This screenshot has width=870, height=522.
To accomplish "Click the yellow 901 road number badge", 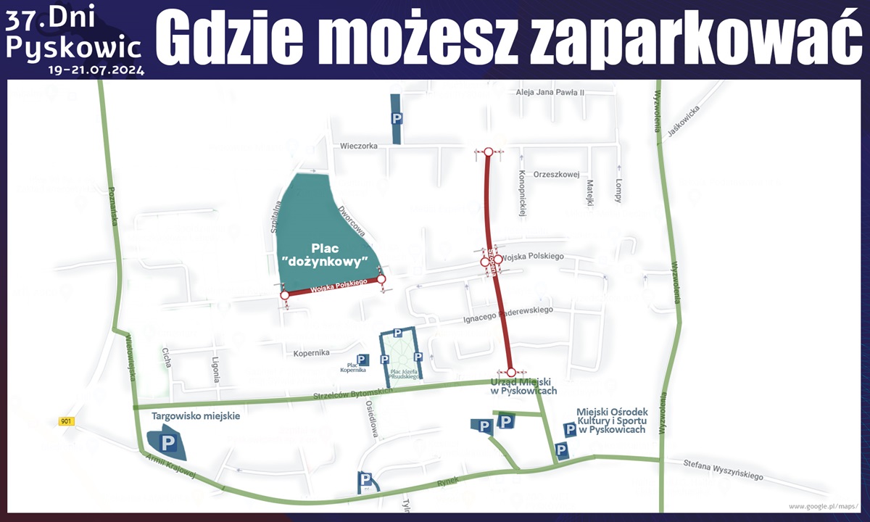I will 67,421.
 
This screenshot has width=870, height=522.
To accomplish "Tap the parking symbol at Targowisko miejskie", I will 168,442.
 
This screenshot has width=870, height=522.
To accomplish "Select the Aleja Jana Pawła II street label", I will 550,92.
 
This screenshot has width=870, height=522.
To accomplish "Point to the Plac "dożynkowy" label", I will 326,254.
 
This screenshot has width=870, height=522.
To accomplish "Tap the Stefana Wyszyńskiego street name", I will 724,469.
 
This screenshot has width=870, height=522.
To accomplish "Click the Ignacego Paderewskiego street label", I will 507,315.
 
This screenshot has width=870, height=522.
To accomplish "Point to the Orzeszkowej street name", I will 556,174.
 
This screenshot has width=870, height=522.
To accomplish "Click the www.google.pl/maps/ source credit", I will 823,506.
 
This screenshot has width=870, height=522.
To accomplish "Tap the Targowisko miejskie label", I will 196,417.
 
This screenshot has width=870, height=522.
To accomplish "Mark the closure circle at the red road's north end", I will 489,152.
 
